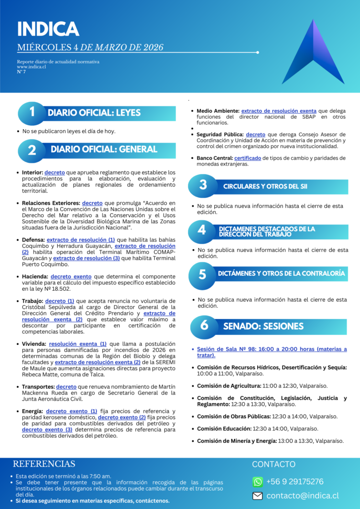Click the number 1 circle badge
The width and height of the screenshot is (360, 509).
point(31,113)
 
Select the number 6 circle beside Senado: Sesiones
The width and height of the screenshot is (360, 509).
point(204,326)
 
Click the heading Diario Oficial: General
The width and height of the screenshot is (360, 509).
point(103,149)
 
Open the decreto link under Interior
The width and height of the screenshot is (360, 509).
point(55,172)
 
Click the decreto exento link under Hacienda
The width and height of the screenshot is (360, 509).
point(72,276)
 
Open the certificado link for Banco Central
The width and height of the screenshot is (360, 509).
point(248,158)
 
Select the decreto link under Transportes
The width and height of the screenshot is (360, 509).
point(66,387)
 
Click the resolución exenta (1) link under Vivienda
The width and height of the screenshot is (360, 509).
point(78,343)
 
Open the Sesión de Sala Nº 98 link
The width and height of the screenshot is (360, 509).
point(272,352)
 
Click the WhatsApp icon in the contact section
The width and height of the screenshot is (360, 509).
point(258,482)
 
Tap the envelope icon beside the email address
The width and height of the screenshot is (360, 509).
point(258,496)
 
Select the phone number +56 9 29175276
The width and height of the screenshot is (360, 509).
point(295,482)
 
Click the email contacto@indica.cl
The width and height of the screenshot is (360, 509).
point(302,496)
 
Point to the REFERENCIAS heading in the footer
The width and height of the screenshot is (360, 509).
point(44,464)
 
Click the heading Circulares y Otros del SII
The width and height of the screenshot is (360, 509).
point(265,186)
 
